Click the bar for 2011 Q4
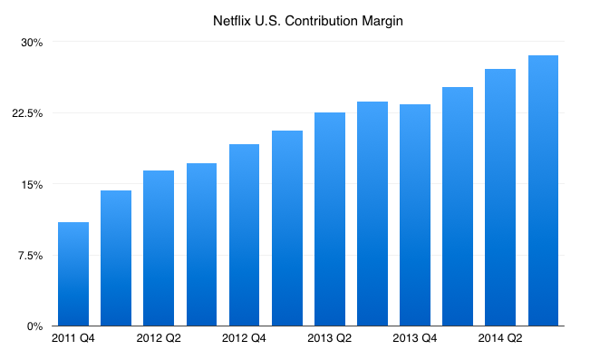(73, 274)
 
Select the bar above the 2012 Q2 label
(159, 248)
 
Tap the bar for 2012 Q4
(244, 235)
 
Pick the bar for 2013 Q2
(330, 219)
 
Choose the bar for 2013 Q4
(415, 215)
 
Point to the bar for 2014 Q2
(500, 198)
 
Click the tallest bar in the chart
(543, 190)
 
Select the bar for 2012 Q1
(116, 258)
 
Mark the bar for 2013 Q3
(372, 213)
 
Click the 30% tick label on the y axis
(32, 43)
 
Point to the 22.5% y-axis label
(27, 113)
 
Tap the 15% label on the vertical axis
(32, 184)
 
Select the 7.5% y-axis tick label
(30, 256)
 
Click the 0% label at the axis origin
(34, 326)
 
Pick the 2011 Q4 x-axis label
(73, 338)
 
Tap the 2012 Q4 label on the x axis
(244, 338)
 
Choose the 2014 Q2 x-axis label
(500, 338)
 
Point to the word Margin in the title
(382, 22)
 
